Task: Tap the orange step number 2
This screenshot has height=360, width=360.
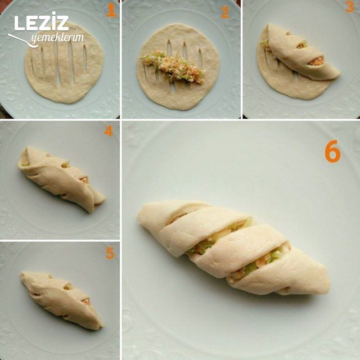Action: click(225, 12)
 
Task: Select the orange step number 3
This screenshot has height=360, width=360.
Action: click(349, 7)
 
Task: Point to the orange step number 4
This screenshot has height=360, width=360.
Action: click(109, 131)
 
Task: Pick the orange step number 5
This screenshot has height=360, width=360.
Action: click(110, 253)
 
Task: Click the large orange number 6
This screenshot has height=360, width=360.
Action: click(332, 151)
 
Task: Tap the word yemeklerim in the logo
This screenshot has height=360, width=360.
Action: click(57, 38)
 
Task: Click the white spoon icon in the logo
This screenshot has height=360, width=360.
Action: click(22, 41)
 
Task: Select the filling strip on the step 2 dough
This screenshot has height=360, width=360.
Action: click(173, 66)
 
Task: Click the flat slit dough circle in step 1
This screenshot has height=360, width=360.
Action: click(64, 63)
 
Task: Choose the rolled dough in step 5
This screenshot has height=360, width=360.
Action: click(61, 300)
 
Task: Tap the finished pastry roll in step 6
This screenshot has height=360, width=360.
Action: click(232, 248)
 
